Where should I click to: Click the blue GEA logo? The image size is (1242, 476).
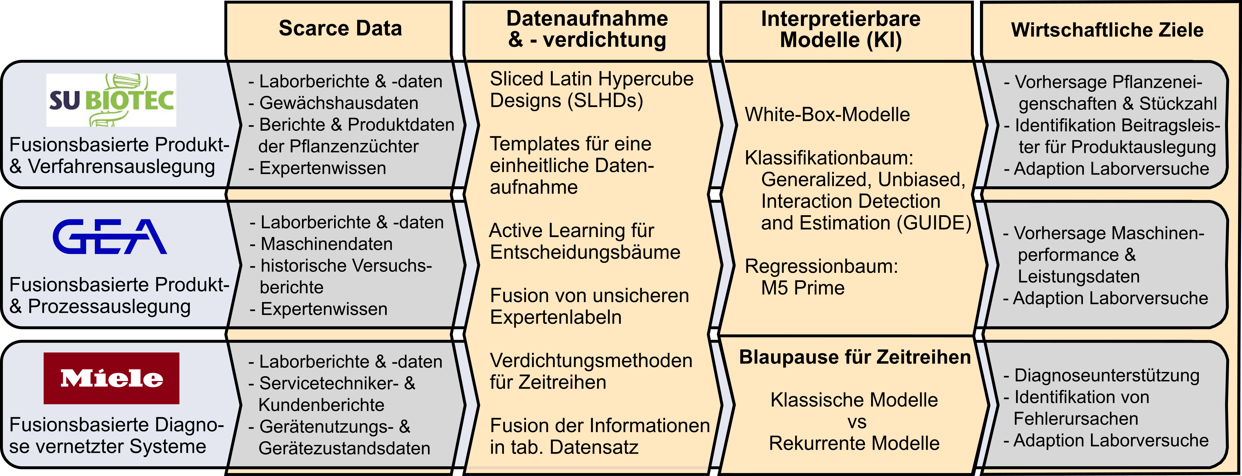click(x=110, y=237)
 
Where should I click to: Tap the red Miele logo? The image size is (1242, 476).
click(x=111, y=378)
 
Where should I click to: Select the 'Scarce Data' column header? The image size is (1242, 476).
click(x=340, y=28)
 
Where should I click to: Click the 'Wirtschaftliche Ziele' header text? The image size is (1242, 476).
click(x=1107, y=30)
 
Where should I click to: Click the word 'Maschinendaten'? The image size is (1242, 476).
click(x=326, y=244)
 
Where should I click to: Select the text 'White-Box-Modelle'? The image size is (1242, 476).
click(x=827, y=114)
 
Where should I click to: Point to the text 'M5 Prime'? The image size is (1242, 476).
click(x=802, y=288)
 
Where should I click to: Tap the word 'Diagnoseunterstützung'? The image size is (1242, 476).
click(x=1107, y=375)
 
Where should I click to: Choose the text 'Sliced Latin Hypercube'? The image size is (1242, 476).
click(x=591, y=79)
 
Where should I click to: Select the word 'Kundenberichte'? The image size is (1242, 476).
click(x=321, y=404)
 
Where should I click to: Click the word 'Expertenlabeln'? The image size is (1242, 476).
click(x=556, y=317)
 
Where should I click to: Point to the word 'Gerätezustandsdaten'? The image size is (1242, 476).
click(x=344, y=448)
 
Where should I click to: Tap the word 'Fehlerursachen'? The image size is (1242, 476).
click(x=1076, y=418)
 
